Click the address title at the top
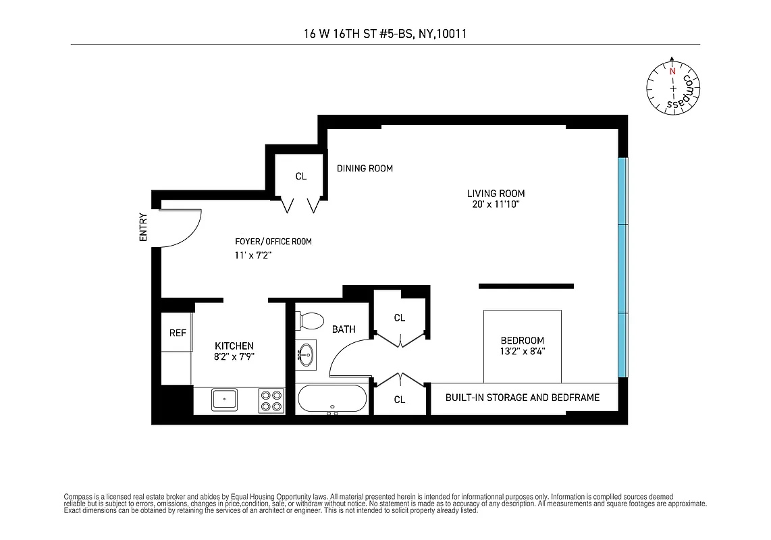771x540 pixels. [x=385, y=32]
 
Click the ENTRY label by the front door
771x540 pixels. [x=142, y=227]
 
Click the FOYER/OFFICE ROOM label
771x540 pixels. [x=273, y=242]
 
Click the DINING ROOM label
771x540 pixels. [x=365, y=168]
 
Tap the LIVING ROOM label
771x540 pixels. [x=496, y=194]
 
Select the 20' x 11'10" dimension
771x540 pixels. [x=496, y=204]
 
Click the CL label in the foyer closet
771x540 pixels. [x=301, y=177]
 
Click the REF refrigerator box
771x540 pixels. [x=177, y=333]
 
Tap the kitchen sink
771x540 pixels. [x=223, y=400]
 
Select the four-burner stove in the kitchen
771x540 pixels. [x=271, y=400]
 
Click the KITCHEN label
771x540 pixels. [x=234, y=346]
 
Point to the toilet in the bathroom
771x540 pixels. [x=311, y=320]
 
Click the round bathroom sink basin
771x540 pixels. [x=306, y=354]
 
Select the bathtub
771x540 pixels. [x=332, y=399]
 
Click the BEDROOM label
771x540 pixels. [x=522, y=341]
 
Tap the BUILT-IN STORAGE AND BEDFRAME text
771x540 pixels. [x=522, y=398]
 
